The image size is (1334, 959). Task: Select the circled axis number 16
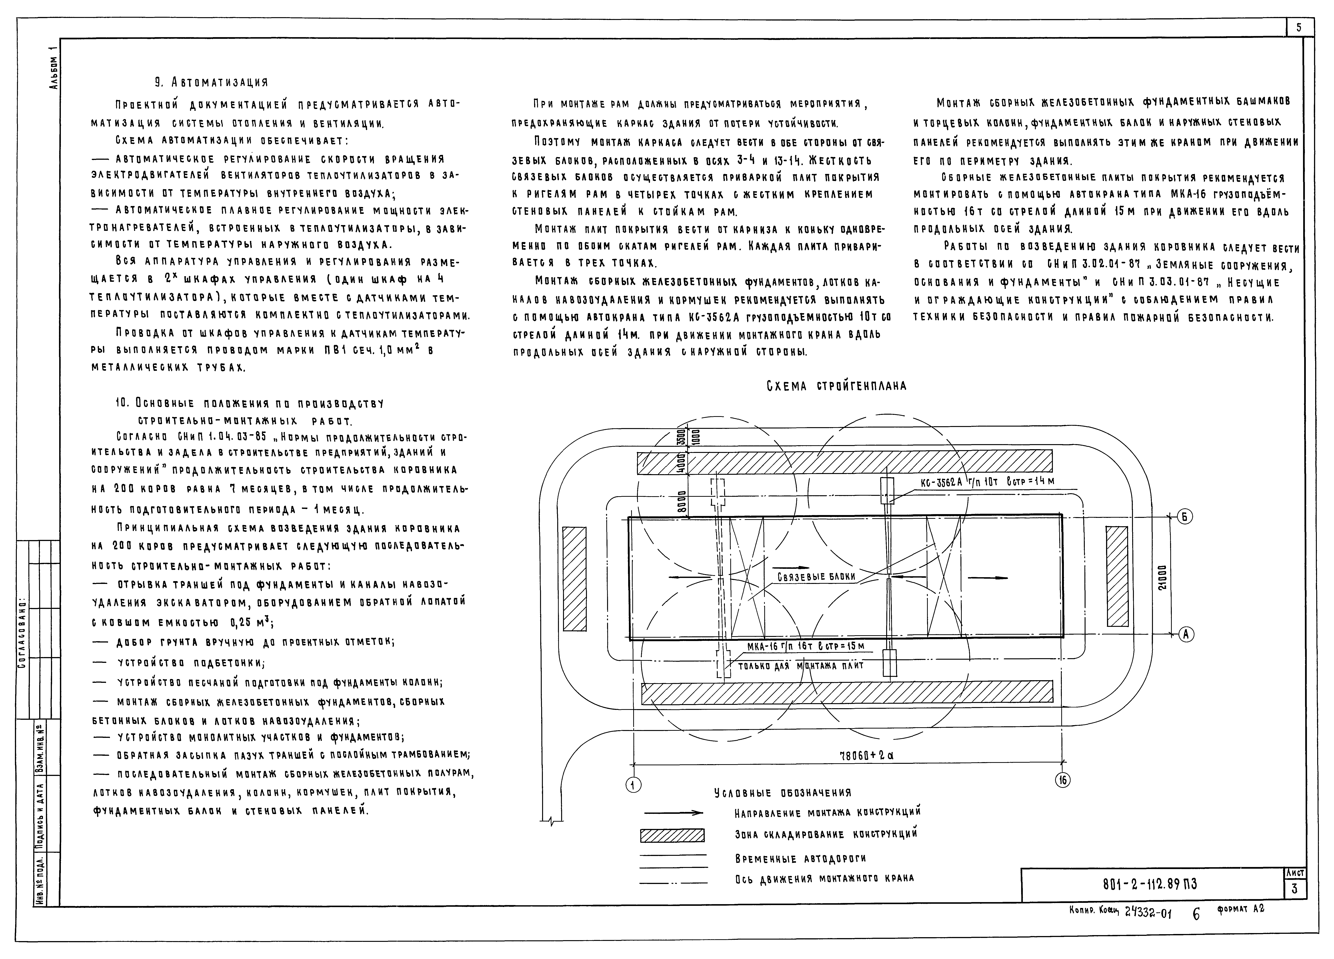1063,780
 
